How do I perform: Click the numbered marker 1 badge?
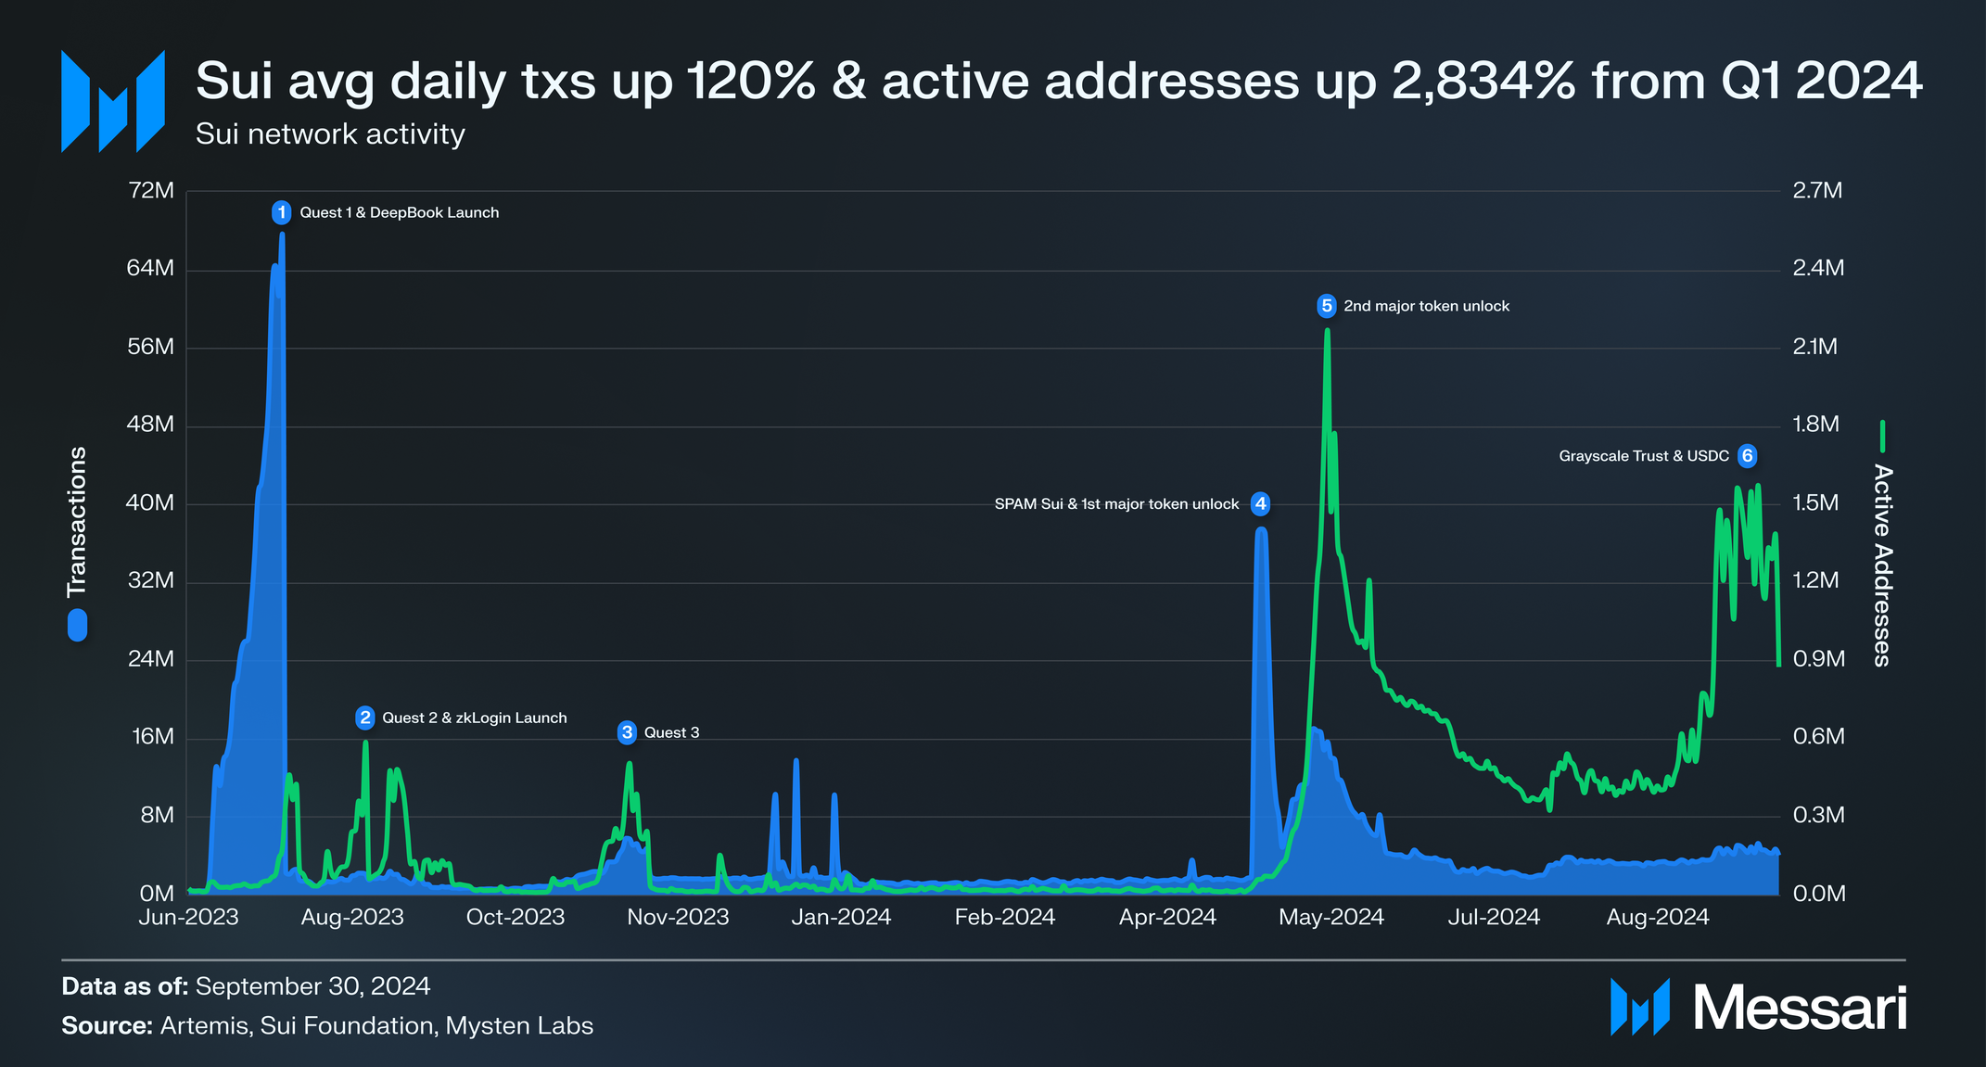(282, 212)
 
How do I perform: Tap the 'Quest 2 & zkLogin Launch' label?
(474, 718)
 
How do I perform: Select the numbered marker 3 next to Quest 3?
(628, 732)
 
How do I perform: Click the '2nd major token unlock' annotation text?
(1426, 306)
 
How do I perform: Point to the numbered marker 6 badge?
(1747, 456)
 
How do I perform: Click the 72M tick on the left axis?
(151, 191)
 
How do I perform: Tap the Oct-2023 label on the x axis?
(516, 917)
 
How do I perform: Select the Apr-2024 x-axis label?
(1167, 917)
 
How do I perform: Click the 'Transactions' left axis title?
(77, 522)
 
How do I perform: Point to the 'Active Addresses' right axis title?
(1882, 565)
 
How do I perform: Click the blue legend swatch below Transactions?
(77, 625)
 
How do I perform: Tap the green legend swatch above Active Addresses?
(1882, 436)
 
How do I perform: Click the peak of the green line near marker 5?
(1327, 331)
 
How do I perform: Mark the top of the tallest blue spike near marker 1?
(282, 235)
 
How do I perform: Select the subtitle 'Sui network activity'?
(330, 134)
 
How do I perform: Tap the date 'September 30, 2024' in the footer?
(312, 985)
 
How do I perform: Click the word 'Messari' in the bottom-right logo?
(1799, 1008)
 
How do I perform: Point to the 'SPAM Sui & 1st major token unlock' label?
(1116, 504)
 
